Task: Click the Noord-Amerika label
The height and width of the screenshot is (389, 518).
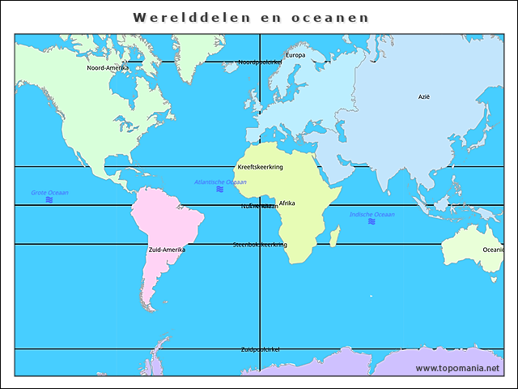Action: pyautogui.click(x=108, y=68)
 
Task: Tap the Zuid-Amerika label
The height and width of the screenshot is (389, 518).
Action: pyautogui.click(x=167, y=250)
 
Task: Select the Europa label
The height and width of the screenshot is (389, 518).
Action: pyautogui.click(x=295, y=55)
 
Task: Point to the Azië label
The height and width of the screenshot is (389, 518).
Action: pyautogui.click(x=424, y=96)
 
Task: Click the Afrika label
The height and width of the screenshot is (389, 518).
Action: pyautogui.click(x=287, y=203)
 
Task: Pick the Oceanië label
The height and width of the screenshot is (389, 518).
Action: pyautogui.click(x=493, y=250)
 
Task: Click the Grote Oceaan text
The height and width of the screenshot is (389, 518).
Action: pyautogui.click(x=49, y=192)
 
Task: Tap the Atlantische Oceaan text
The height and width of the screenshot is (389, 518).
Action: pyautogui.click(x=220, y=182)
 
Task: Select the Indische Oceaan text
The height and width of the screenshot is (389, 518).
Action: pyautogui.click(x=372, y=214)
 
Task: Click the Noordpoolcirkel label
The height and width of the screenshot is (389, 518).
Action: pyautogui.click(x=259, y=62)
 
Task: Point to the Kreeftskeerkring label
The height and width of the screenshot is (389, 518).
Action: pyautogui.click(x=260, y=166)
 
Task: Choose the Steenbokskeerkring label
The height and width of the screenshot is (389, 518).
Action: pyautogui.click(x=260, y=244)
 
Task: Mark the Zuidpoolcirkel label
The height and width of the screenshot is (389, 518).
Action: pyautogui.click(x=260, y=349)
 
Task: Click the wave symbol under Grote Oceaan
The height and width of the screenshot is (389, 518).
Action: pyautogui.click(x=49, y=199)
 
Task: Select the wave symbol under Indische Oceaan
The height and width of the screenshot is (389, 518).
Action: pyautogui.click(x=372, y=221)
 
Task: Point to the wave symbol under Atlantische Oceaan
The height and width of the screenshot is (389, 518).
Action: pyautogui.click(x=220, y=189)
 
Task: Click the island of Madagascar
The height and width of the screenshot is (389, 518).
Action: pyautogui.click(x=334, y=234)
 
